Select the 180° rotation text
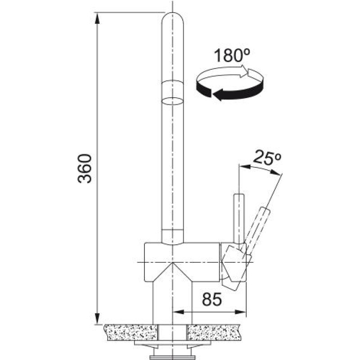pos(231,56)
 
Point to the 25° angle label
pos(267,157)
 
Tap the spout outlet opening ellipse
pos(173,100)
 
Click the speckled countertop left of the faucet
pos(130,332)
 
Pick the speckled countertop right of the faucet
pos(216,332)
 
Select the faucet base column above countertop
pos(173,301)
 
